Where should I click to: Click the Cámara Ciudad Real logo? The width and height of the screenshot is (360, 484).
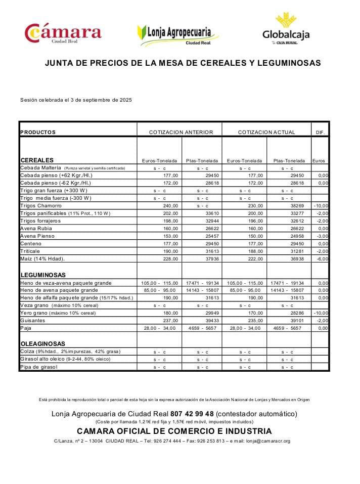point(63,34)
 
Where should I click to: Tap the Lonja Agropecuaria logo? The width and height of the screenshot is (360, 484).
point(178,34)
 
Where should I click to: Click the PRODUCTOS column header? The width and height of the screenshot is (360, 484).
point(38,133)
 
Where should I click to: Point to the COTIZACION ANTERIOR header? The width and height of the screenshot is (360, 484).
point(181,133)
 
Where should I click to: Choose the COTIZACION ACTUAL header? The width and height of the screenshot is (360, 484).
point(266,133)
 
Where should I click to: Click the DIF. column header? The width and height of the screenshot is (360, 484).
point(320,133)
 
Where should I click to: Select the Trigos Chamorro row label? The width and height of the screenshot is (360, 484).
point(41,206)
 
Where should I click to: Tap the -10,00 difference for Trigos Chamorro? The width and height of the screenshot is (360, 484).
point(321,206)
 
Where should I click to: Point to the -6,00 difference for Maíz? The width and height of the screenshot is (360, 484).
point(322,259)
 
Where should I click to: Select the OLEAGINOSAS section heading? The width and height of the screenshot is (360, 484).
point(43,344)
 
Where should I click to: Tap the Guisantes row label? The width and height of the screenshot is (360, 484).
point(33,321)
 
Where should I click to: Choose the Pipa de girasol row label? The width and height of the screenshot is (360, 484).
point(39,367)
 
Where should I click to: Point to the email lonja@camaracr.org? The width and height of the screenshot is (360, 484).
point(268,441)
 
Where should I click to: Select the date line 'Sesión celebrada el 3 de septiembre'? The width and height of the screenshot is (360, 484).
point(76,100)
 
